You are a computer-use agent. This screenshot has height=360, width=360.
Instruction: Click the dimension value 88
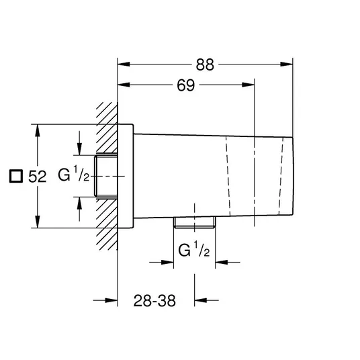point(205,64)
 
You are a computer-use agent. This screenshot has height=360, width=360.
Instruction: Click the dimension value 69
point(186,85)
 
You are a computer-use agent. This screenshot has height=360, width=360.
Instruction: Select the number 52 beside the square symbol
point(37,177)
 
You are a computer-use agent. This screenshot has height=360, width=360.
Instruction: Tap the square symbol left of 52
point(16,176)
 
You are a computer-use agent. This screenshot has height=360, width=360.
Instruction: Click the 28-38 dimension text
point(154,300)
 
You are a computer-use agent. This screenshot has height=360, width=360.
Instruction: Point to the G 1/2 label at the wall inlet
point(73,174)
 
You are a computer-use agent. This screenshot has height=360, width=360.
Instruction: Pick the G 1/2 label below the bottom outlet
point(194,249)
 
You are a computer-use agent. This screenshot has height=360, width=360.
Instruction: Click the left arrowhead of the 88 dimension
point(124,64)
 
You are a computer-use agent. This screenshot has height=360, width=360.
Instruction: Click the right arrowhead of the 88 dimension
point(287,64)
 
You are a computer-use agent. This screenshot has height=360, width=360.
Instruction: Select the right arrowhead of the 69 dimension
point(249,85)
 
